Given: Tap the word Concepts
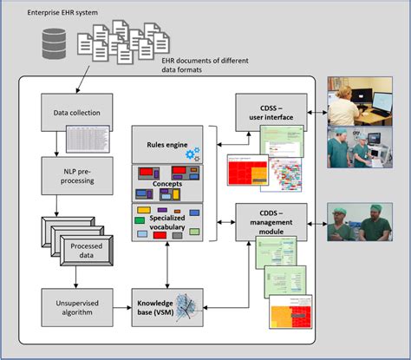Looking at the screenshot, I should click(x=167, y=185).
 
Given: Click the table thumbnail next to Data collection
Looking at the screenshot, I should click(x=90, y=137).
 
